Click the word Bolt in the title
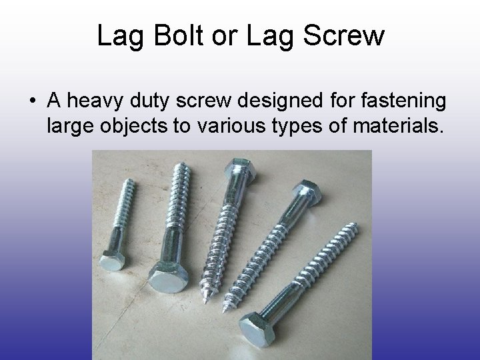tap(179, 37)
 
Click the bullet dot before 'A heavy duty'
tap(31, 102)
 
